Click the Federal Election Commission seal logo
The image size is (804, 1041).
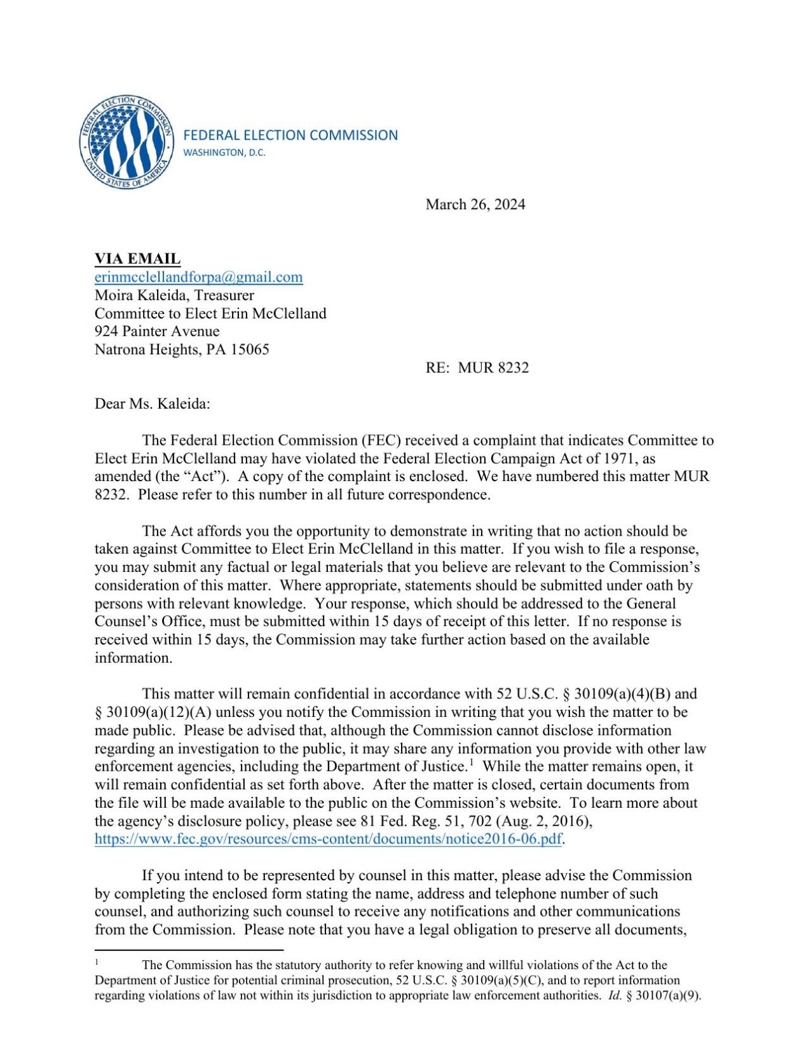126,142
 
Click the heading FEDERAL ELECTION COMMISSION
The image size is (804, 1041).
290,135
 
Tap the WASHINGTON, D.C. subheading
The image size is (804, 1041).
224,153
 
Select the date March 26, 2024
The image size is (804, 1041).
475,204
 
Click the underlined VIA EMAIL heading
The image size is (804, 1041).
137,259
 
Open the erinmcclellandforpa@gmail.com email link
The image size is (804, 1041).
198,277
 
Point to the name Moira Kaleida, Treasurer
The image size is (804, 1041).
174,295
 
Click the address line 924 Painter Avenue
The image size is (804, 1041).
157,331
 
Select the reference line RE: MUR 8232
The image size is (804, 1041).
477,367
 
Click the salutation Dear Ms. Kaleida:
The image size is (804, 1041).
152,404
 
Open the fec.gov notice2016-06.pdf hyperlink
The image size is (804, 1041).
328,839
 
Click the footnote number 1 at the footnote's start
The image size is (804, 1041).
97,962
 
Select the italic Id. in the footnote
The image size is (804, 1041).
614,996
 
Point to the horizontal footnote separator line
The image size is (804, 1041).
188,949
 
